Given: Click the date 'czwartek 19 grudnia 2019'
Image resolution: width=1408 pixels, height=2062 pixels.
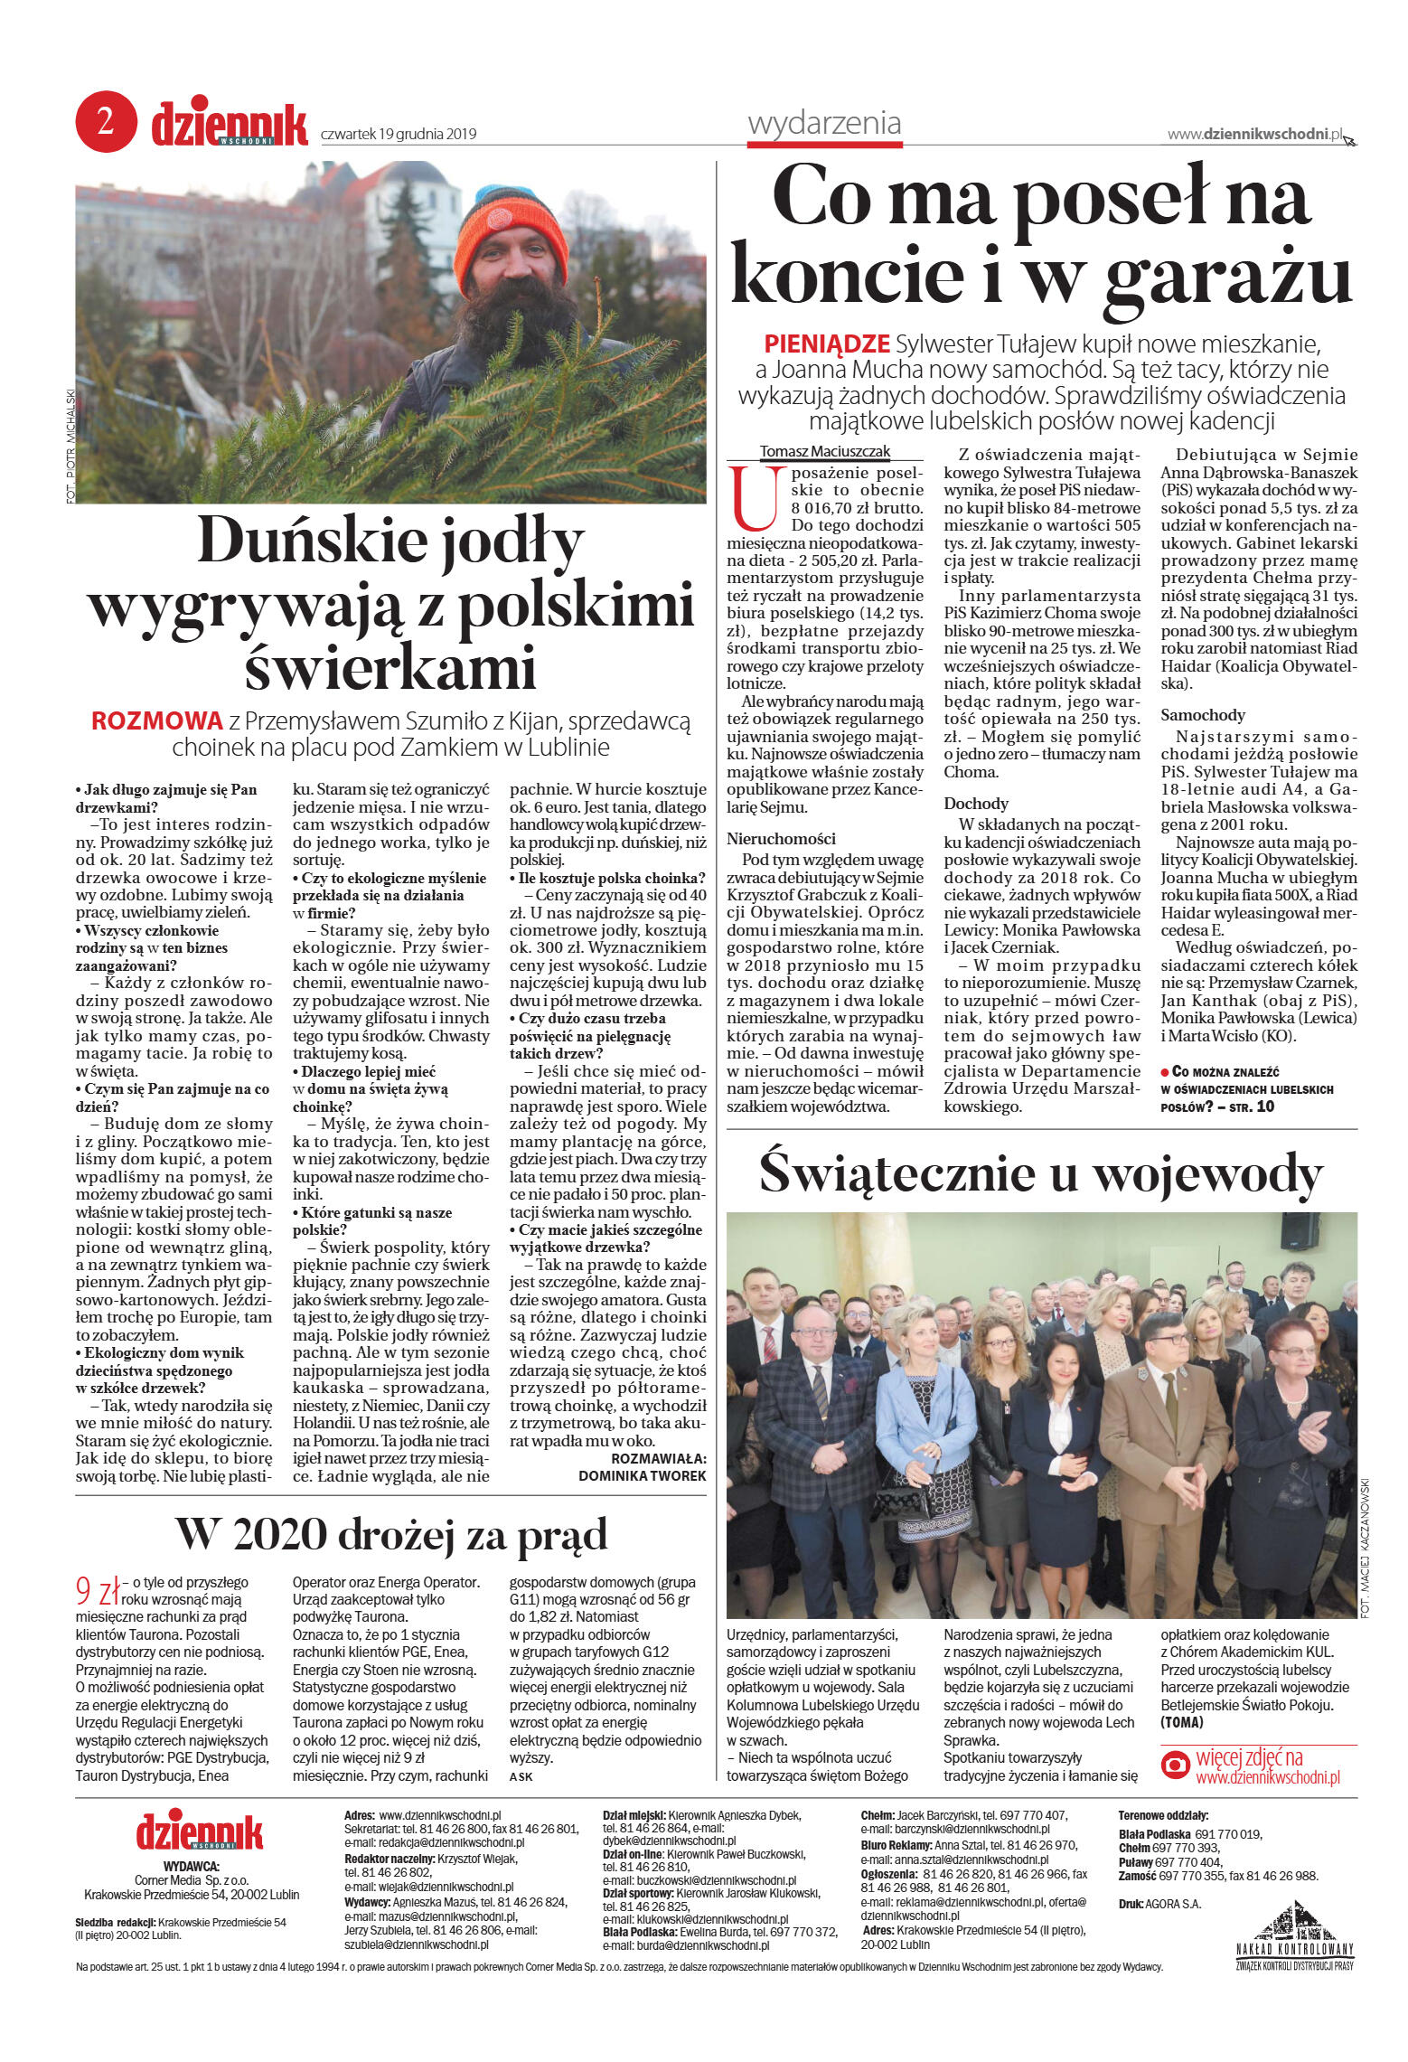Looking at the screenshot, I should [399, 135].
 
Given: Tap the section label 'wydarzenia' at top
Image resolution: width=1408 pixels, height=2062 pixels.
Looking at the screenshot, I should [824, 123].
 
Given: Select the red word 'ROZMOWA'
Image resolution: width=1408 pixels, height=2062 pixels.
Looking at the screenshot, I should [157, 720].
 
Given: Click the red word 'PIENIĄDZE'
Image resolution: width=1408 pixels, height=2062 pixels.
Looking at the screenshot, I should [827, 344].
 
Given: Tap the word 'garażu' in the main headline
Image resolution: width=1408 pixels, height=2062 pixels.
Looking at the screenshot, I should [1227, 273].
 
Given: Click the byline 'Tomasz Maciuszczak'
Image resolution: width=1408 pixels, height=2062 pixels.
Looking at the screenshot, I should [824, 451].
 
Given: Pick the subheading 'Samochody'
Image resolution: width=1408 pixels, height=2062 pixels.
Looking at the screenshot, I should [1203, 715].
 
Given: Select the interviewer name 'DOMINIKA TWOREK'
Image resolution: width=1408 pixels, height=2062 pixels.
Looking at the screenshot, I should [642, 1475].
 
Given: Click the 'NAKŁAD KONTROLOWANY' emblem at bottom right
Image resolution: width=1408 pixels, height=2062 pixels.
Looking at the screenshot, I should [1294, 1937].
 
